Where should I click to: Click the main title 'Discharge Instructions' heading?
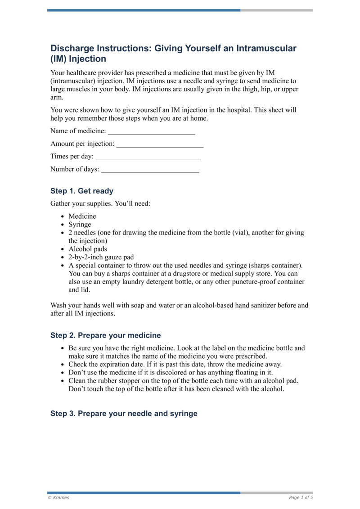(173, 54)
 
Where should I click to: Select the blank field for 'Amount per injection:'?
(160, 144)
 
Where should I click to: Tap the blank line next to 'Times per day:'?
(148, 157)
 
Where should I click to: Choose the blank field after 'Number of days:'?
(150, 170)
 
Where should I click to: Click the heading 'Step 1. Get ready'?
(82, 191)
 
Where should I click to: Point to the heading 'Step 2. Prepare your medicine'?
(105, 335)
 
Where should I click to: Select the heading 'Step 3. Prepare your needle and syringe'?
(124, 414)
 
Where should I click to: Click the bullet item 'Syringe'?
(80, 225)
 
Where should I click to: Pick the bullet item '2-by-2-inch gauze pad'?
(101, 257)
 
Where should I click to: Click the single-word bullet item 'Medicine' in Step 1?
(82, 216)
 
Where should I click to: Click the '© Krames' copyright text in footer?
(58, 497)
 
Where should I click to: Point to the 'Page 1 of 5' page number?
(301, 497)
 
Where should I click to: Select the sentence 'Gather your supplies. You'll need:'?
(100, 204)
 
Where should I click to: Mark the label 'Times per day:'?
(72, 157)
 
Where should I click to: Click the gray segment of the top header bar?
(276, 10)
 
